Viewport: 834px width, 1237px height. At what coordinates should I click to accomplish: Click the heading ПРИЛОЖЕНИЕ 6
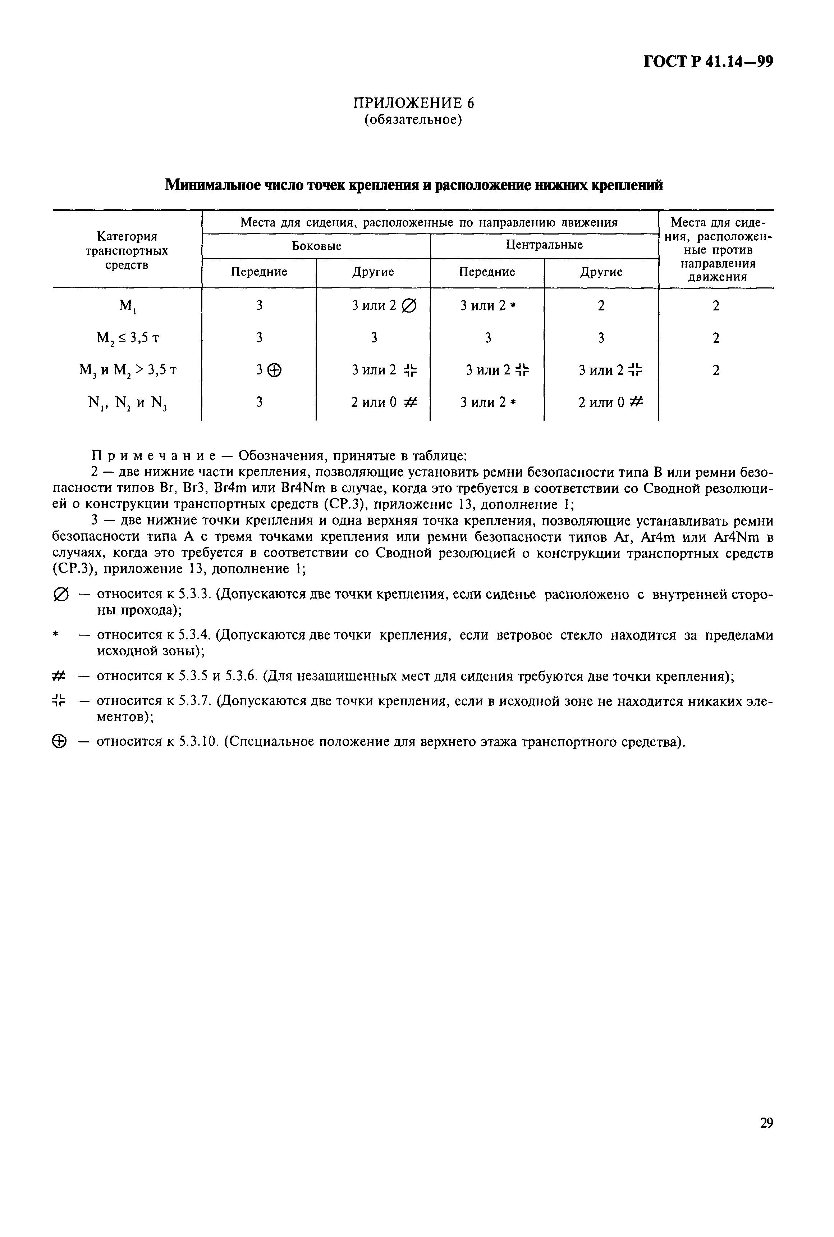(414, 103)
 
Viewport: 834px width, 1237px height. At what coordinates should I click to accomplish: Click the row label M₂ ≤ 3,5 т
(128, 338)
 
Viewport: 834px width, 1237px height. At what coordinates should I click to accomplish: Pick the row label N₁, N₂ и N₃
(128, 403)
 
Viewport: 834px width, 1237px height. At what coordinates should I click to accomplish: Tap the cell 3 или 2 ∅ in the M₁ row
(384, 306)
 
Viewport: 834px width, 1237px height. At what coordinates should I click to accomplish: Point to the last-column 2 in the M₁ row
(716, 306)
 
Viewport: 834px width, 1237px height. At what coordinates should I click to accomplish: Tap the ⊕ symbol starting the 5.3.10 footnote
(60, 742)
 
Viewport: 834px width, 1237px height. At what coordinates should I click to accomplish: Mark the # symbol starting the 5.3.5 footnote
(59, 676)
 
